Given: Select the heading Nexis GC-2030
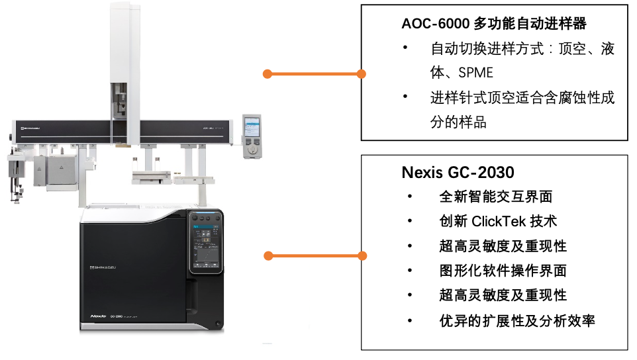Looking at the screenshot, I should (458, 173).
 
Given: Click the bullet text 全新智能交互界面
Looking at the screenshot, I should (496, 197).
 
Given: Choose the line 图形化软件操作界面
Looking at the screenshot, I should (503, 271).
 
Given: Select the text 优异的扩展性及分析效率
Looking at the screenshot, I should (517, 321).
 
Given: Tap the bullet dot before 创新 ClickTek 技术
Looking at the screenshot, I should (410, 221).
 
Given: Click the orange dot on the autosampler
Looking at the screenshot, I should (267, 73).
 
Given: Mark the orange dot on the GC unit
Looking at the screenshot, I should (267, 255).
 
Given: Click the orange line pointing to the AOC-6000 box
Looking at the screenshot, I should (314, 73).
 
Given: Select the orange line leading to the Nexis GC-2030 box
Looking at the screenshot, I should (314, 255).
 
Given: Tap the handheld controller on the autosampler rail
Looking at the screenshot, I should (252, 136).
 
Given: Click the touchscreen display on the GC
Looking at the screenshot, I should (206, 246).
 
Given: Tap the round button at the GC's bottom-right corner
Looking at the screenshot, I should (219, 322).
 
